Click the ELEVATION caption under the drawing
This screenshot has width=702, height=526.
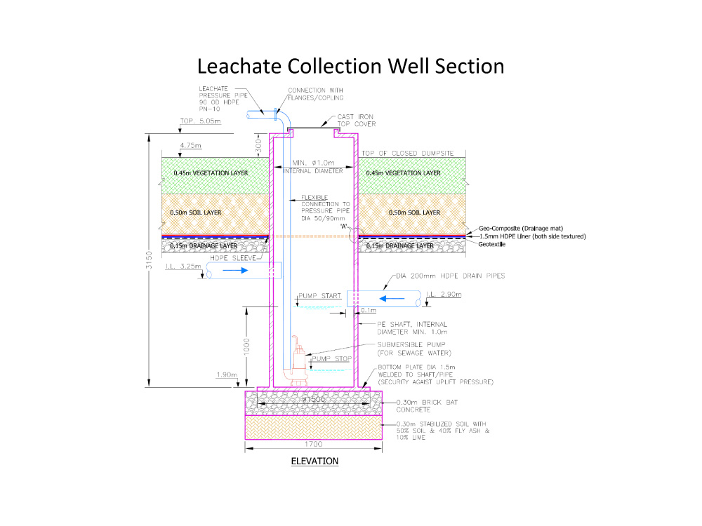(314, 461)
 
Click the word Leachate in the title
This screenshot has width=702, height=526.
(239, 66)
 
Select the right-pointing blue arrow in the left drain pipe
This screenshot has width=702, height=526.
(235, 270)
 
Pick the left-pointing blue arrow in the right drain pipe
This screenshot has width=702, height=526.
(392, 298)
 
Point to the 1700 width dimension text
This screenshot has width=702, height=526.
(313, 444)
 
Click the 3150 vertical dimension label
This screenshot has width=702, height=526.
(149, 260)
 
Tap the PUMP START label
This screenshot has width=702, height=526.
(319, 296)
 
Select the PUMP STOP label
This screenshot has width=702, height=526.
(332, 358)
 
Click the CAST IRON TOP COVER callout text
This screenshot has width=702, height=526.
(357, 121)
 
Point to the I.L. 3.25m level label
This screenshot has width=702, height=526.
(183, 266)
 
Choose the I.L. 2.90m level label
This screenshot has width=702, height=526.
(444, 295)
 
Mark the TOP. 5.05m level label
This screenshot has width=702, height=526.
(201, 121)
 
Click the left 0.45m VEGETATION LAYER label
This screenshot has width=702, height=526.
(211, 173)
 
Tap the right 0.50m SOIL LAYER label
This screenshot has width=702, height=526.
(415, 213)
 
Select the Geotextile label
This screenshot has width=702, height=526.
(492, 244)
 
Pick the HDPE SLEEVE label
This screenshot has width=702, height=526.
(233, 258)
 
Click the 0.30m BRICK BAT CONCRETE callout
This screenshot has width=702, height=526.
(427, 405)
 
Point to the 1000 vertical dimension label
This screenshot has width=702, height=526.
(246, 347)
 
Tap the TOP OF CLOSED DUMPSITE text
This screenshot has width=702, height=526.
(408, 153)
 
